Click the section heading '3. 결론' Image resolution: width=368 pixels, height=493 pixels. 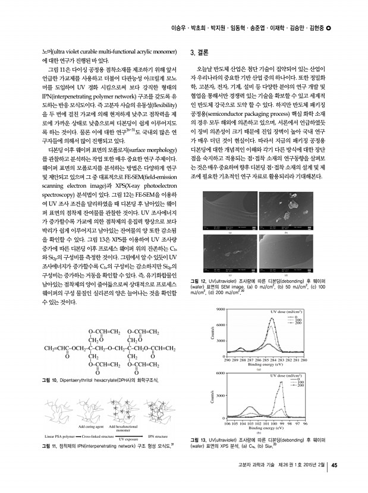(198, 52)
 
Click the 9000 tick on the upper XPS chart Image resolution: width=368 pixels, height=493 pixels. (220, 294)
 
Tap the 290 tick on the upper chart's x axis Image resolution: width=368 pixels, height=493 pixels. (226, 360)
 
